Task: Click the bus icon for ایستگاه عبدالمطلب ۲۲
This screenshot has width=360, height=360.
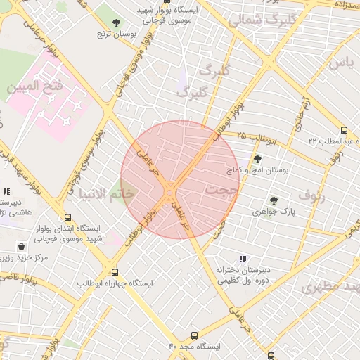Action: click(x=344, y=130)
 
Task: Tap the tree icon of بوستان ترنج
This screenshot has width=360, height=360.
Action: click(x=116, y=22)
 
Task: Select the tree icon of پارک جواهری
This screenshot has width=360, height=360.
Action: click(x=274, y=200)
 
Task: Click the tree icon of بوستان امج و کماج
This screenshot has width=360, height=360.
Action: click(x=257, y=159)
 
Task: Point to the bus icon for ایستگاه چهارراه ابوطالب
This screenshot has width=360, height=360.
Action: click(x=115, y=273)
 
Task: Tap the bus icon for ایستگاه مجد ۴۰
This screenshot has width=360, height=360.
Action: click(x=195, y=336)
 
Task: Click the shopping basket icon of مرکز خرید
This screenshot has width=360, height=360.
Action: click(x=22, y=247)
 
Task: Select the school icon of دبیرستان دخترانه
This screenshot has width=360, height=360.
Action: click(x=243, y=259)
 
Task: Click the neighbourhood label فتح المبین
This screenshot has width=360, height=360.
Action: click(x=34, y=88)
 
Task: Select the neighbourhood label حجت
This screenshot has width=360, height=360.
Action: click(x=224, y=190)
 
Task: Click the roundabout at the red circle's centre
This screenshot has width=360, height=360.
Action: click(x=171, y=191)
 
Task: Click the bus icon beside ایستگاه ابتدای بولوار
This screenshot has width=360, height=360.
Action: click(x=67, y=218)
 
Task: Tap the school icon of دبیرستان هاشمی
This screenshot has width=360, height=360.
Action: click(x=6, y=191)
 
